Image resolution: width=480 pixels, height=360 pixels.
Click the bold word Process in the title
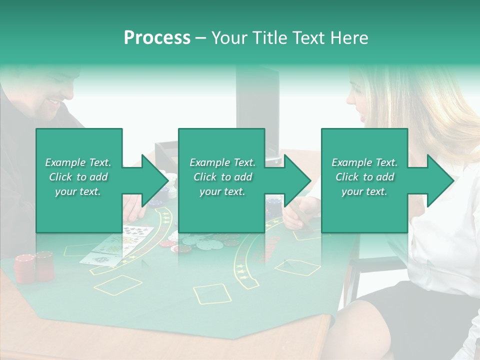pos(157,37)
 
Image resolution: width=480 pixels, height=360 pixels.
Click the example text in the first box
pos(78,177)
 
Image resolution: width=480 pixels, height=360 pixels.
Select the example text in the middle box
pos(222,177)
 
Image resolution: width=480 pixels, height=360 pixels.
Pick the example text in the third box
pos(364,177)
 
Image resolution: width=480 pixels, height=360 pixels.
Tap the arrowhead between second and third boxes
pos(297,180)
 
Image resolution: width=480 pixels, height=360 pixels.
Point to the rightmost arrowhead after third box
pos(440,180)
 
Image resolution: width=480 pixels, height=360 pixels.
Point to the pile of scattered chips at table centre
pos(200,242)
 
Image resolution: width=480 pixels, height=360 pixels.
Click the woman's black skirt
pos(400,305)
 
